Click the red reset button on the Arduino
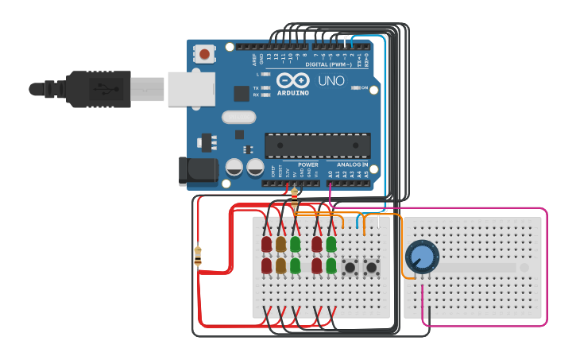(x=205, y=55)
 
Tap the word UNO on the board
(x=331, y=81)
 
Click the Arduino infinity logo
(x=292, y=80)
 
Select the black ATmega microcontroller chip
(x=317, y=145)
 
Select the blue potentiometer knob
(x=421, y=257)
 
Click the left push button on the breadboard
(x=350, y=268)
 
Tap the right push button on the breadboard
(x=371, y=268)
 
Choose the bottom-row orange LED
(x=280, y=265)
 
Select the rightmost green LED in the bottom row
(x=331, y=265)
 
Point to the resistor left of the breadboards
(x=198, y=256)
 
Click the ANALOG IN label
(x=347, y=165)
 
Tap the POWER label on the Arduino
(x=308, y=165)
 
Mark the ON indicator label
(x=365, y=88)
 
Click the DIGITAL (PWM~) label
(x=328, y=64)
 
